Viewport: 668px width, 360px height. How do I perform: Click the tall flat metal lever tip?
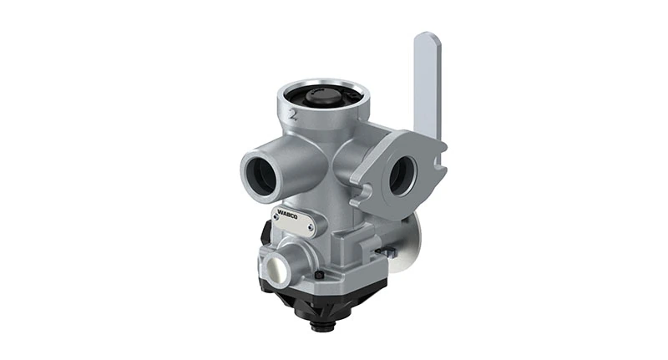[x=427, y=42]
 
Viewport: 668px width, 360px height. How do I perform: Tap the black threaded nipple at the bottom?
[x=318, y=322]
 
